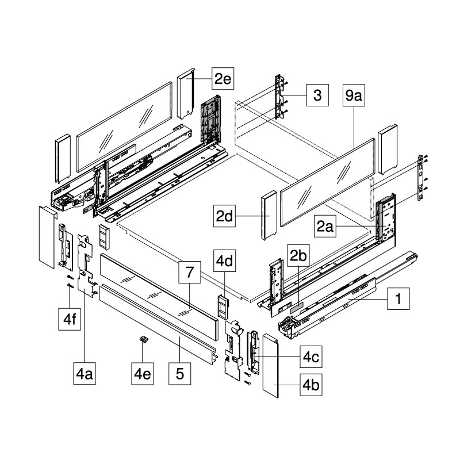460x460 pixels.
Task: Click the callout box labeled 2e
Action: click(223, 78)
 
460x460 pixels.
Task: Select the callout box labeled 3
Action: click(317, 95)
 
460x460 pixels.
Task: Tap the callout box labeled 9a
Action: click(354, 95)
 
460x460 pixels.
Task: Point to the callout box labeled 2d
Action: click(224, 216)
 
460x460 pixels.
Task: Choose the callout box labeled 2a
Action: click(325, 226)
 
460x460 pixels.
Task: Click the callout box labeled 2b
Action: click(298, 255)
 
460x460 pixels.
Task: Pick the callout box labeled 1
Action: click(398, 298)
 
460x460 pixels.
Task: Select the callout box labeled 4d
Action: click(224, 260)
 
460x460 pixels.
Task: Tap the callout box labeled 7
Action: click(190, 272)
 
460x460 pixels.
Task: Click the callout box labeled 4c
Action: click(311, 356)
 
